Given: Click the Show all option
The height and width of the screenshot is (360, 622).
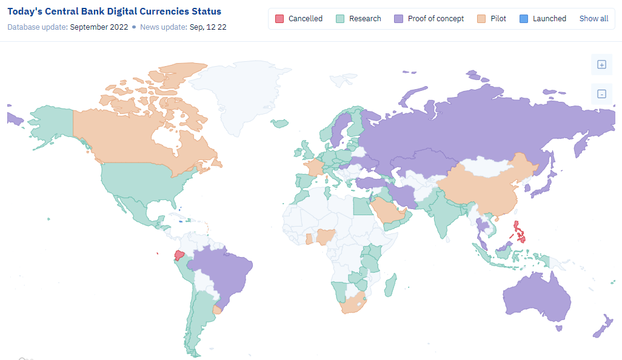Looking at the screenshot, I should (x=594, y=19).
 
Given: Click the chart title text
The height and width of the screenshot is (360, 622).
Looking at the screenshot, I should (x=114, y=12).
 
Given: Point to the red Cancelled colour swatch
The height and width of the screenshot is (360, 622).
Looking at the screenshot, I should (x=279, y=19).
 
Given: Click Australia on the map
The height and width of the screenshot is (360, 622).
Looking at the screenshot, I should (x=537, y=298).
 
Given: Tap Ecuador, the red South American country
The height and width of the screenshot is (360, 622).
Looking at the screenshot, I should (x=179, y=256).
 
